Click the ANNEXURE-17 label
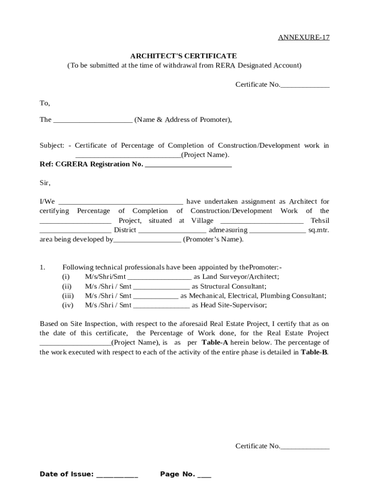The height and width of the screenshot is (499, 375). tap(303, 38)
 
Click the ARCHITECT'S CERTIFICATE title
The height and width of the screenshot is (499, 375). tap(184, 56)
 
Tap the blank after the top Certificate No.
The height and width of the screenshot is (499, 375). tap(305, 85)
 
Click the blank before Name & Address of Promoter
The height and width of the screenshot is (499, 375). tap(93, 120)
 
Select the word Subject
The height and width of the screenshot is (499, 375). tap(52, 146)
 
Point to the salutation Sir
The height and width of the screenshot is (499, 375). tap(44, 183)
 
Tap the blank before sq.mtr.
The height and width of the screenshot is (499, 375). tap(278, 230)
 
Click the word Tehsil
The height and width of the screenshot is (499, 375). tap(319, 221)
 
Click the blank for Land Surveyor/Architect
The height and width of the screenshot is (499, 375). tap(159, 277)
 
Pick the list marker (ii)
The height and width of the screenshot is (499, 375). tap(67, 287)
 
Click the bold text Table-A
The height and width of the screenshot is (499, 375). tap(215, 343)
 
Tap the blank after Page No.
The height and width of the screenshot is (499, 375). tap(204, 475)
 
